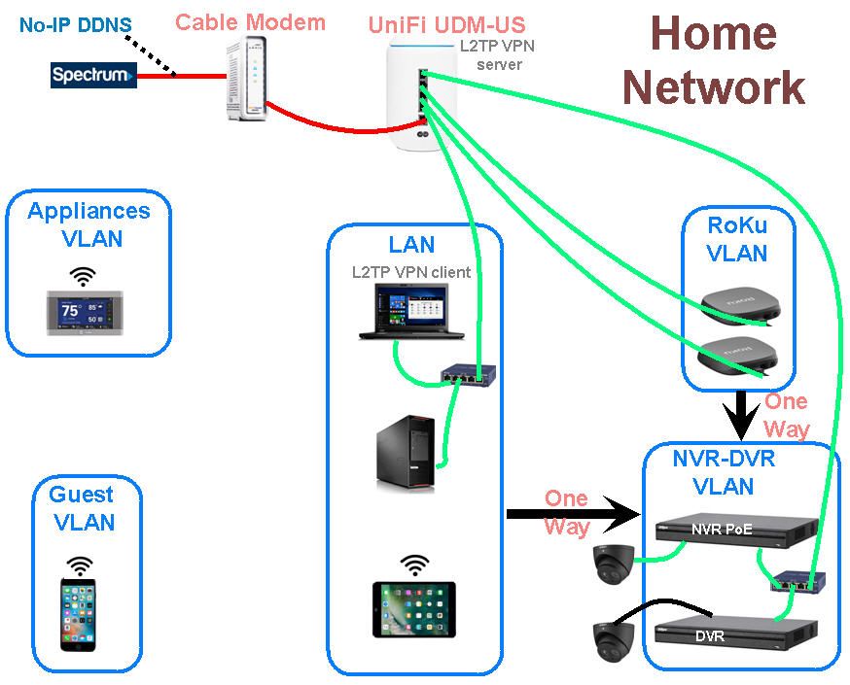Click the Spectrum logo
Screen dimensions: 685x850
(x=93, y=75)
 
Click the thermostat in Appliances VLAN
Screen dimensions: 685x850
(x=86, y=314)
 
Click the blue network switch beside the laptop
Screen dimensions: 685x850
(x=466, y=374)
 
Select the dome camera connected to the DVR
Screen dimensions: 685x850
(x=615, y=640)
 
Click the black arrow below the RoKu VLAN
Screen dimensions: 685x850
(x=743, y=412)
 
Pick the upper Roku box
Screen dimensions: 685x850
(x=738, y=309)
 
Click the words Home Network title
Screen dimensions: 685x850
(x=714, y=60)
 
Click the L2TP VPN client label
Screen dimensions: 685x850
(x=411, y=272)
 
